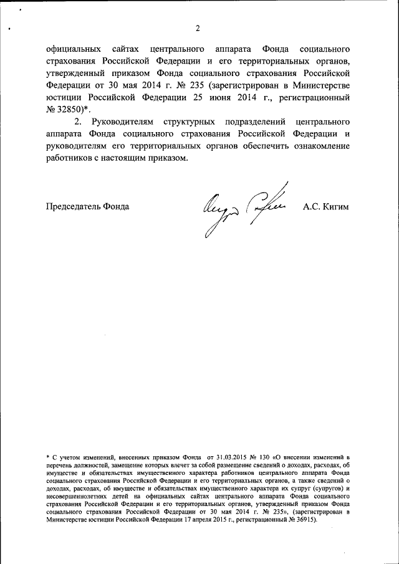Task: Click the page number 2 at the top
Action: [x=198, y=27]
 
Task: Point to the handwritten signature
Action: [x=243, y=208]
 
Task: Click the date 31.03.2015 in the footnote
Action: [x=232, y=457]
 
